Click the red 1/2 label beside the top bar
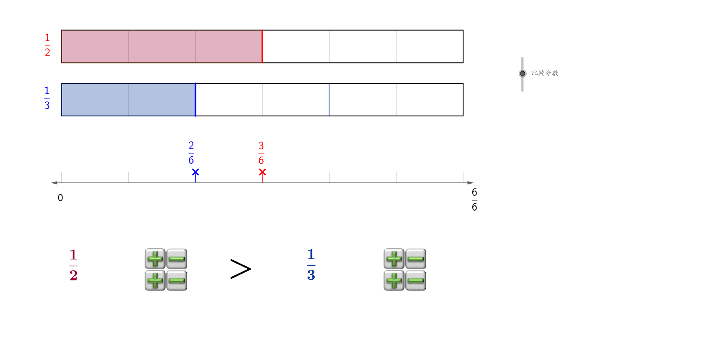click(x=47, y=45)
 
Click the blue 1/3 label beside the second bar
click(x=47, y=98)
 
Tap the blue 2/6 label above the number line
click(x=191, y=153)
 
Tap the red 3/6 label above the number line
click(x=261, y=153)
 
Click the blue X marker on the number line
click(x=195, y=172)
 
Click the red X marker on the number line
click(x=262, y=172)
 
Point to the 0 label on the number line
click(x=60, y=198)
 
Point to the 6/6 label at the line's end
click(x=474, y=200)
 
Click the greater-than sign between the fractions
click(x=240, y=269)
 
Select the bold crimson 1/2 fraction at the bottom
click(x=73, y=265)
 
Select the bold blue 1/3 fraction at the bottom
click(x=311, y=265)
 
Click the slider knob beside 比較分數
click(x=523, y=73)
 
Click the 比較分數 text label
click(x=545, y=73)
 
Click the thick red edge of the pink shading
click(x=262, y=46)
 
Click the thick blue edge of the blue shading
click(x=195, y=99)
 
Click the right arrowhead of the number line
click(x=470, y=183)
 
